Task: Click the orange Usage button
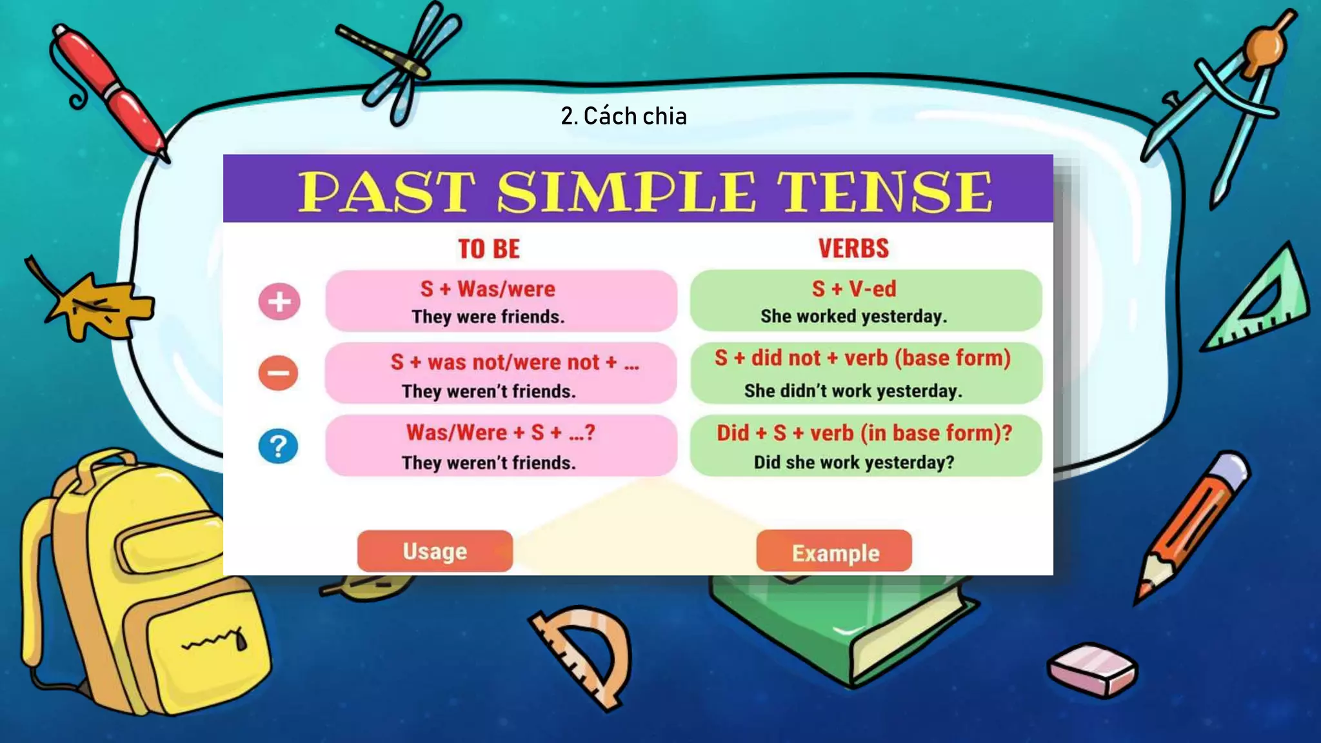click(435, 551)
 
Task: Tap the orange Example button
click(834, 552)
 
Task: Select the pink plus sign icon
click(279, 301)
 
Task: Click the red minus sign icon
click(278, 373)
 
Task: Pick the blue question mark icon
click(278, 446)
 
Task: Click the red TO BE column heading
click(488, 249)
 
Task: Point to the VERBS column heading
click(853, 248)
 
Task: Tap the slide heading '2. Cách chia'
click(623, 116)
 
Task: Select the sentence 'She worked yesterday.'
click(853, 316)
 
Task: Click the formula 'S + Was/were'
click(488, 289)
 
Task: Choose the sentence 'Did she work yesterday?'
click(853, 462)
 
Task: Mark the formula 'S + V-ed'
click(853, 289)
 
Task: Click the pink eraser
click(1093, 669)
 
